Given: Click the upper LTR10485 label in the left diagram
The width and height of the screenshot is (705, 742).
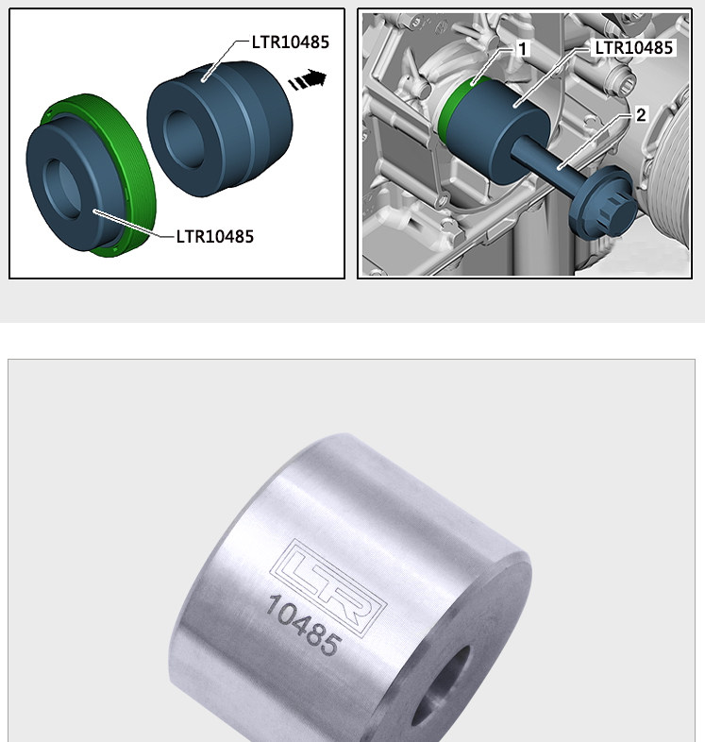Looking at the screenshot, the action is (290, 42).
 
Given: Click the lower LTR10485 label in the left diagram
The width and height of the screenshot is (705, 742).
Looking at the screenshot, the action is (215, 236).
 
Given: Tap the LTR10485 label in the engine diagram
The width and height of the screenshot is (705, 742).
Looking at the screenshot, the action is (633, 48).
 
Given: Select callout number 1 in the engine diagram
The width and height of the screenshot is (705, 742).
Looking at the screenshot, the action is (522, 49).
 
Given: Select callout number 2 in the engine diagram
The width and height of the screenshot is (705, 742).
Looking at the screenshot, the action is (641, 115).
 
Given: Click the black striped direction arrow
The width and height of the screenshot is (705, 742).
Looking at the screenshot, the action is (308, 80).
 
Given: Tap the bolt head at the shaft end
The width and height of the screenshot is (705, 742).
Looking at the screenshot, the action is (604, 203).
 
